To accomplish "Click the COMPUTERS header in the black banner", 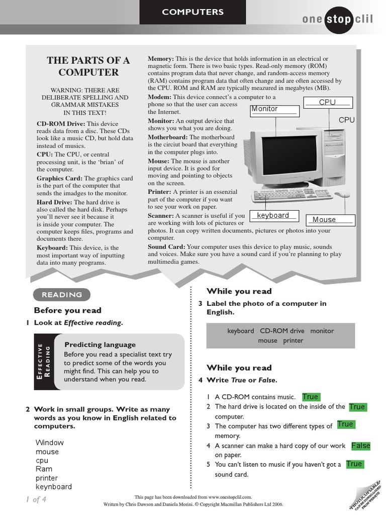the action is coord(193,12).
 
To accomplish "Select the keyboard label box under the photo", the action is coord(274,216).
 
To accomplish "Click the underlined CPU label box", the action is coord(328,103).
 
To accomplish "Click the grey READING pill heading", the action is coord(62,295).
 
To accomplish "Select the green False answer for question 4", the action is coord(360,446).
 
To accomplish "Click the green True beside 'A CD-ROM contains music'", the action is coord(310,397).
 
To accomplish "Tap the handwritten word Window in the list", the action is coord(50,443).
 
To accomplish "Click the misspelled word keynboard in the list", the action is coord(54,487).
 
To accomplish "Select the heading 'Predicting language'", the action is coord(100,345).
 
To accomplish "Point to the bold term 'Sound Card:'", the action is coord(166,247).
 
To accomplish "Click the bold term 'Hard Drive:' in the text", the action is coord(55,202).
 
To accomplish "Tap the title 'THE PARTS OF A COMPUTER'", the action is coord(88,66).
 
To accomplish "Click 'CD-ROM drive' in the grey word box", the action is coord(282,331).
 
